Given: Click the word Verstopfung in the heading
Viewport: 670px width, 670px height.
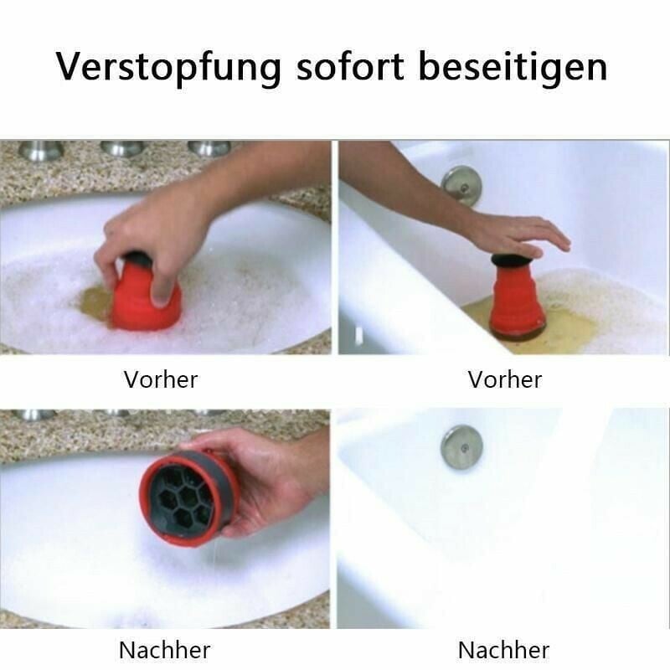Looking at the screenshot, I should [x=168, y=67].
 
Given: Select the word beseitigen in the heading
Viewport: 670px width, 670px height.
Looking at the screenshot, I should [x=513, y=67].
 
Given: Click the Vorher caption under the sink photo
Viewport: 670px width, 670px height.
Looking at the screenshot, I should [x=161, y=379].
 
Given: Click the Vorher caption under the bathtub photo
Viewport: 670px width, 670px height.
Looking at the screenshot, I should [x=505, y=379].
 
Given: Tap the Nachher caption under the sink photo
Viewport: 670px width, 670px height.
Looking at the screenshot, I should [x=164, y=650].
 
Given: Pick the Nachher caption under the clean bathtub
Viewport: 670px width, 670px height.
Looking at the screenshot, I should [x=503, y=650].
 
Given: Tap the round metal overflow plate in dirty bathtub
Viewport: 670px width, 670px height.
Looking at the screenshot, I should [x=461, y=184].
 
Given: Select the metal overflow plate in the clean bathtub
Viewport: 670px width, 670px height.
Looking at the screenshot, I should [x=461, y=446].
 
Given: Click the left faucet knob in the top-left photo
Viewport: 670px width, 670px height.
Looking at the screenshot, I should [x=41, y=150].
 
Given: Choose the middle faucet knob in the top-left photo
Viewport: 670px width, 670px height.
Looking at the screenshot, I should [x=123, y=148].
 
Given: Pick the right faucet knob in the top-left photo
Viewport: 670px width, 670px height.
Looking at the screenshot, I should [x=209, y=147].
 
